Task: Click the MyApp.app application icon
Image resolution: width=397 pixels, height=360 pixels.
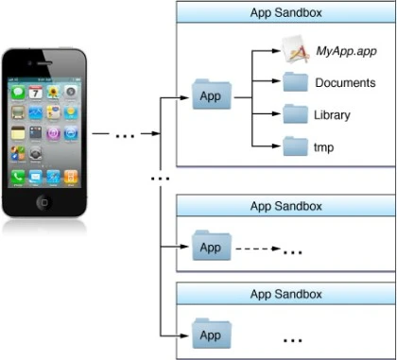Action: pos(295,49)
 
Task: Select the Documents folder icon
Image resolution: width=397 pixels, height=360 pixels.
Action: pos(295,82)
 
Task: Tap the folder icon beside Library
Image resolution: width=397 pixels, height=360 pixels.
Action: pos(295,113)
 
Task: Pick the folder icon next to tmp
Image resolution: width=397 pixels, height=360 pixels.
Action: pos(295,146)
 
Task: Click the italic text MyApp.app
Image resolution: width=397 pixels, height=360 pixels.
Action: pos(346,51)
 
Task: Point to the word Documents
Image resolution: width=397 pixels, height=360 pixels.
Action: pos(345,83)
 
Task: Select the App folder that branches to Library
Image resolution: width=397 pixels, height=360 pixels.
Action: pos(212,94)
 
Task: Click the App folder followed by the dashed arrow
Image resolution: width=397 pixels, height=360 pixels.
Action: pos(212,246)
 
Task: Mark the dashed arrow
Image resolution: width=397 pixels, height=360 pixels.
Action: pos(258,249)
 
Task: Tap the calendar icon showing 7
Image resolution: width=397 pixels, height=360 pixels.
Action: pos(36,92)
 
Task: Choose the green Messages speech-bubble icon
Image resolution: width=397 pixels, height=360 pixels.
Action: pos(18,92)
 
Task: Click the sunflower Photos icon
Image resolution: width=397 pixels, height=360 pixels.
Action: pos(53,92)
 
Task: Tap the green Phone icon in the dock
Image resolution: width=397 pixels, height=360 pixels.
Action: pos(18,177)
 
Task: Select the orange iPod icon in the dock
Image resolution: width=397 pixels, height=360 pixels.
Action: pos(71,177)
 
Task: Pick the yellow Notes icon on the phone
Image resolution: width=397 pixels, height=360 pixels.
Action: pos(18,133)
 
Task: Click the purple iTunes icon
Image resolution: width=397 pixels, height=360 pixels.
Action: pos(53,133)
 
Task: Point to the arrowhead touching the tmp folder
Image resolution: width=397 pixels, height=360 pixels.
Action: pos(276,146)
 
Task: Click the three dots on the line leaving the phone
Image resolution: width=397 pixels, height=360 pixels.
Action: pos(125,136)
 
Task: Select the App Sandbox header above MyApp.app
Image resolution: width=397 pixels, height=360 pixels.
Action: pos(286,13)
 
